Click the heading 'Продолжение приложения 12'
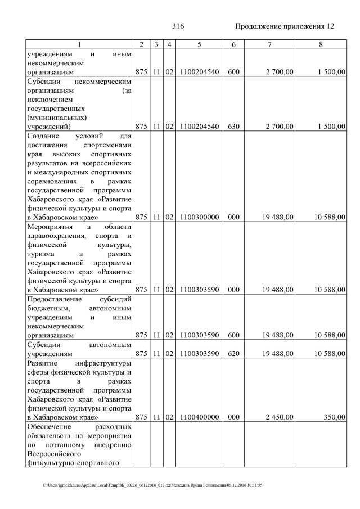(x=284, y=26)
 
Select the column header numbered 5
(x=199, y=44)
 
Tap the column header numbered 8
(x=320, y=44)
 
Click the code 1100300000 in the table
(x=200, y=217)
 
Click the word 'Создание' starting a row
(x=44, y=136)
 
